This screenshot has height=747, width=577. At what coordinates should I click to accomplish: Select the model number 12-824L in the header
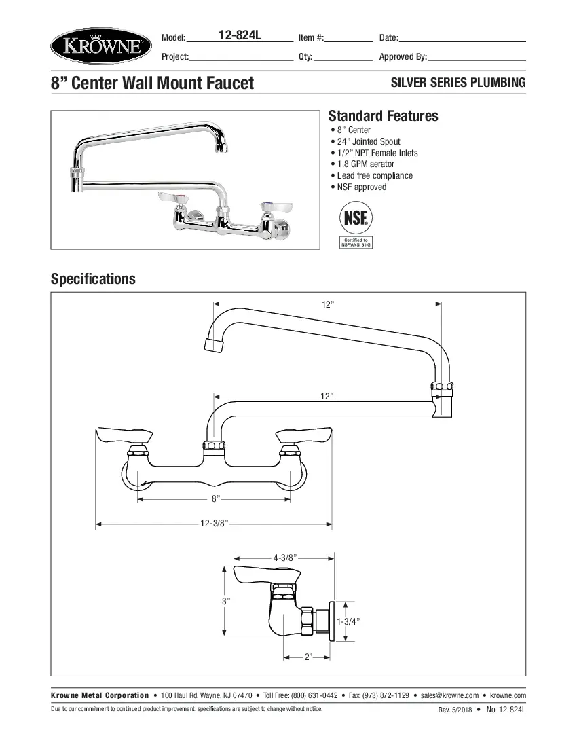(x=240, y=36)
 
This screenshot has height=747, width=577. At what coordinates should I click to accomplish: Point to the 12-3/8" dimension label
(x=214, y=524)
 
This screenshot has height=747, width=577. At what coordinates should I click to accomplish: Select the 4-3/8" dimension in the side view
(x=285, y=558)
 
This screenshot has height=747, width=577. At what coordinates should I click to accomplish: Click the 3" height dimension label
(x=226, y=602)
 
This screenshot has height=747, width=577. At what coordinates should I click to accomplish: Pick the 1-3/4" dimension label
(x=348, y=621)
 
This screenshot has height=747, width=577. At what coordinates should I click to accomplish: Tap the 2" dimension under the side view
(x=308, y=657)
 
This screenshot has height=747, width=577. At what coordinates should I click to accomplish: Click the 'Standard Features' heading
(x=383, y=116)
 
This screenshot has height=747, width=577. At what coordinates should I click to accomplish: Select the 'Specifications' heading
(x=93, y=279)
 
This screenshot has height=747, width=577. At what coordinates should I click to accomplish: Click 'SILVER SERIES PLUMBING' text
(x=458, y=83)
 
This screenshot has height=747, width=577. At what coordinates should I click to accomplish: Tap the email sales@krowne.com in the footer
(x=449, y=695)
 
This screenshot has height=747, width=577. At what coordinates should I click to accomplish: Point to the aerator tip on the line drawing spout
(x=214, y=344)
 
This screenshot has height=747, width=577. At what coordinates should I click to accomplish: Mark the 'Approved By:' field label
(x=403, y=57)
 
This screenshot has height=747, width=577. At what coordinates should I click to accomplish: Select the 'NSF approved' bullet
(x=361, y=187)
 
